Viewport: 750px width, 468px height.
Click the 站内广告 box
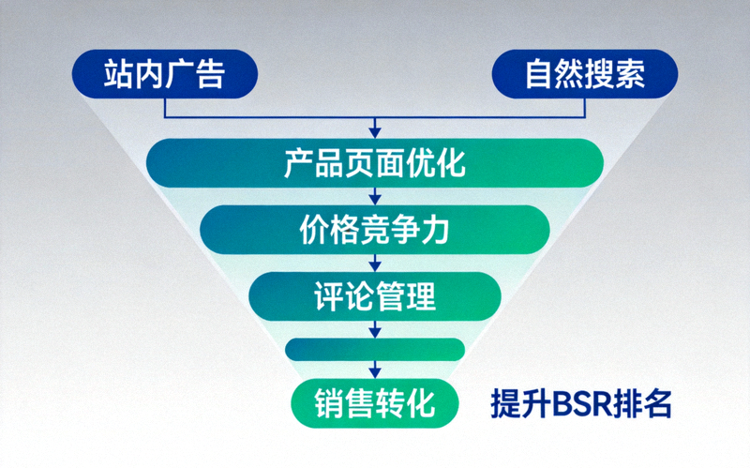click(x=165, y=73)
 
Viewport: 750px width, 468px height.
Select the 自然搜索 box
click(x=585, y=73)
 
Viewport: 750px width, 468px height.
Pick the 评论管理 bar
click(x=374, y=295)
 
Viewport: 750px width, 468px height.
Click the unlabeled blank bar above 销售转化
click(x=374, y=349)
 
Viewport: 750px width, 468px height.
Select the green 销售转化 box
click(x=374, y=402)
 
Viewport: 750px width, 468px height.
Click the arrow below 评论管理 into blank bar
click(x=375, y=329)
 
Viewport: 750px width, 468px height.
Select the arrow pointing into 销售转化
click(x=375, y=370)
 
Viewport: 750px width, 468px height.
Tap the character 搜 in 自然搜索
click(x=601, y=73)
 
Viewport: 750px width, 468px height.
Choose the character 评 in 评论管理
click(x=327, y=295)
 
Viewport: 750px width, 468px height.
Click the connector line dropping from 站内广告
click(x=165, y=107)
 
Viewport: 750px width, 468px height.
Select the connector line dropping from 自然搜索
click(x=585, y=107)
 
